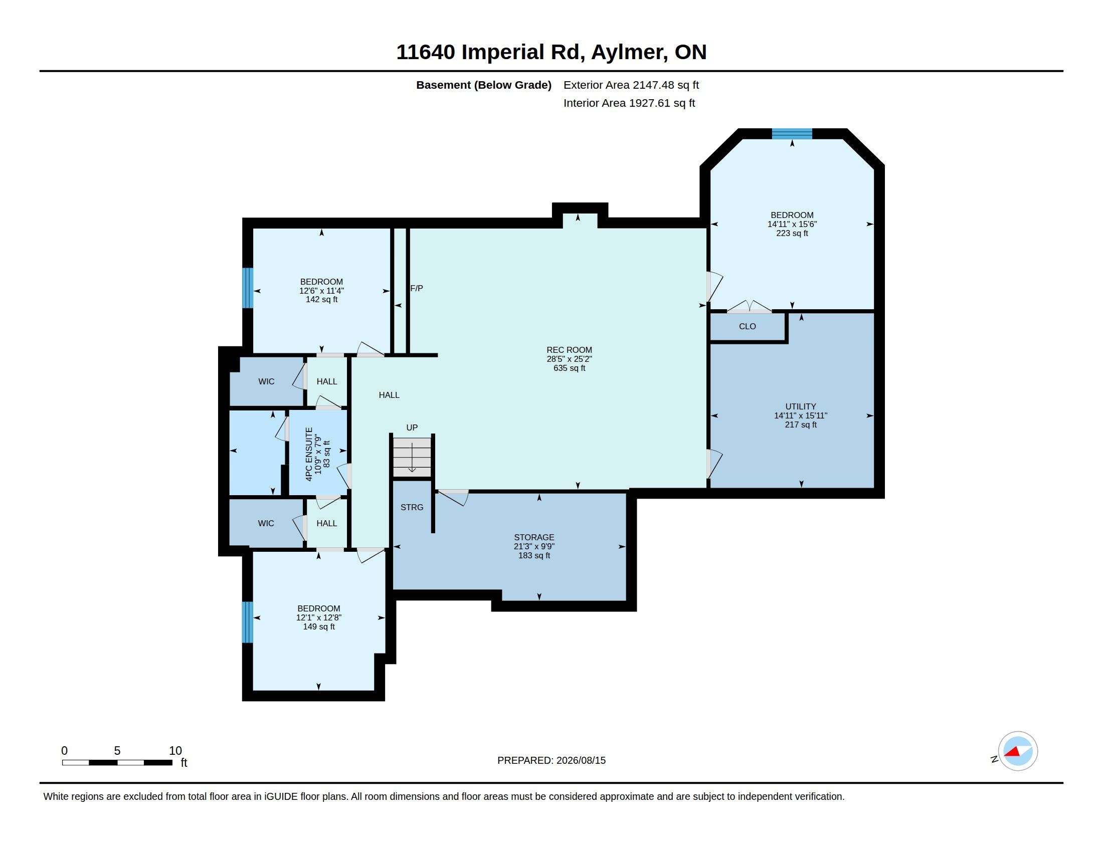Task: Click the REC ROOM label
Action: click(x=569, y=350)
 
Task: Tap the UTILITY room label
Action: click(x=801, y=406)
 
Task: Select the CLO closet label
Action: click(x=748, y=327)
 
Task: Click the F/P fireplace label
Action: click(x=416, y=288)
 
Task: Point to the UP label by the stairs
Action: click(x=412, y=428)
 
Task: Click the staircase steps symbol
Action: click(x=412, y=456)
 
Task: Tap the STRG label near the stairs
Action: click(x=412, y=507)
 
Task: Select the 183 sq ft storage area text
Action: click(x=534, y=556)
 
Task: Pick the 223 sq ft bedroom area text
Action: click(x=792, y=233)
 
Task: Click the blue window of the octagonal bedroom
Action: click(x=792, y=134)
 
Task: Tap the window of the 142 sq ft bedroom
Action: click(x=248, y=288)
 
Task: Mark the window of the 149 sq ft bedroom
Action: click(x=248, y=622)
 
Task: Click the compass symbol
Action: click(x=1017, y=751)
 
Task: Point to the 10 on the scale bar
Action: click(x=175, y=751)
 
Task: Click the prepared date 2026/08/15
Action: click(x=581, y=760)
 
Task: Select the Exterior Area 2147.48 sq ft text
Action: click(x=631, y=85)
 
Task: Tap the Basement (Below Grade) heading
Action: click(x=484, y=85)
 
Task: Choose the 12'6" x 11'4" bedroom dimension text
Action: click(x=322, y=291)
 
